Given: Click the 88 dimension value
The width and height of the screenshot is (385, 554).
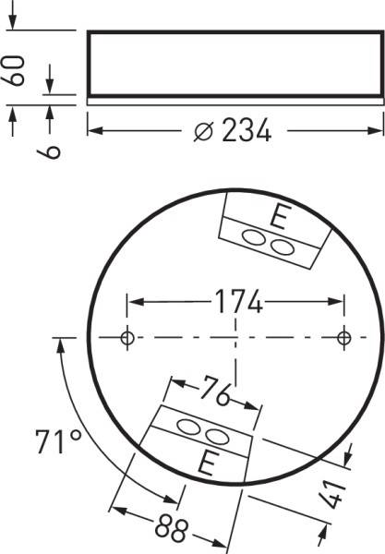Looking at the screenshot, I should coord(168,530).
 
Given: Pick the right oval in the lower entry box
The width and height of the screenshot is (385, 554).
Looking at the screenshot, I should coord(214,436).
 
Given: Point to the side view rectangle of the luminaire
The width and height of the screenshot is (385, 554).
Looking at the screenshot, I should coord(234,63).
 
